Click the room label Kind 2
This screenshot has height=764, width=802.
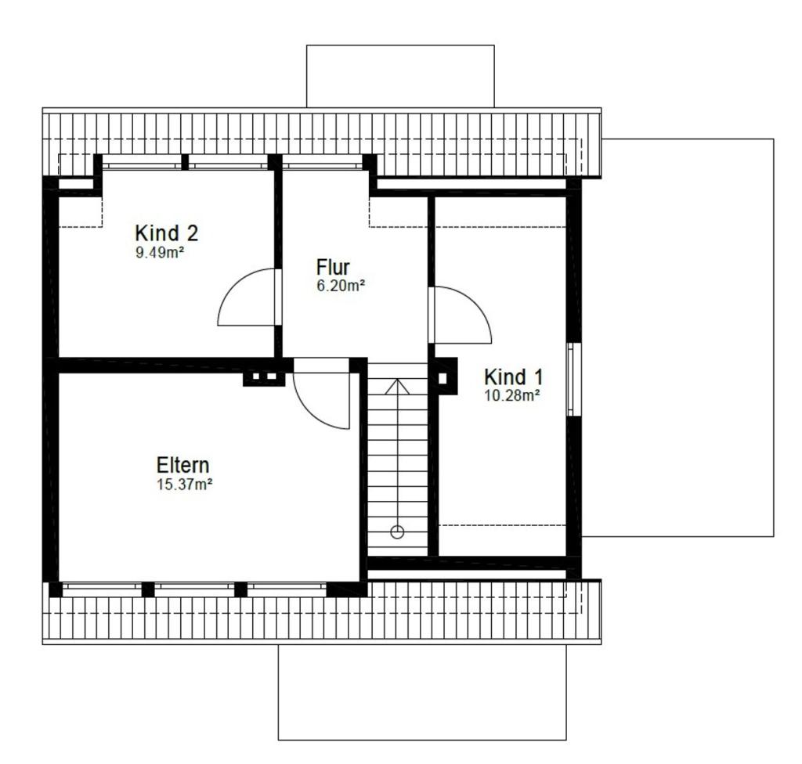pos(166,233)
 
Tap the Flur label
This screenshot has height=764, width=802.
pos(333,267)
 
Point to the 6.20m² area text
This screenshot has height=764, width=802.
pos(341,286)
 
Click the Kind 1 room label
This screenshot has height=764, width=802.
pos(513,377)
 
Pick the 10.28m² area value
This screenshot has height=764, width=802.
pos(511,395)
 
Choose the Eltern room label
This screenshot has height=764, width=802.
pos(183,466)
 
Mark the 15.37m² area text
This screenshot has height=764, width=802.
pos(185,485)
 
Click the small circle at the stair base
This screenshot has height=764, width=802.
pos(397,532)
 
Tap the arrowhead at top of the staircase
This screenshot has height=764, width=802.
pos(397,385)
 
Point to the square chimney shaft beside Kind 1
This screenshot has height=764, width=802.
pos(443,378)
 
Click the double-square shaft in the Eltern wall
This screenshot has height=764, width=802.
pos(265,378)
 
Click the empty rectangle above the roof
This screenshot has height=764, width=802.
pos(400,76)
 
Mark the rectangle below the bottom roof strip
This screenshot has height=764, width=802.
pos(421,692)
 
